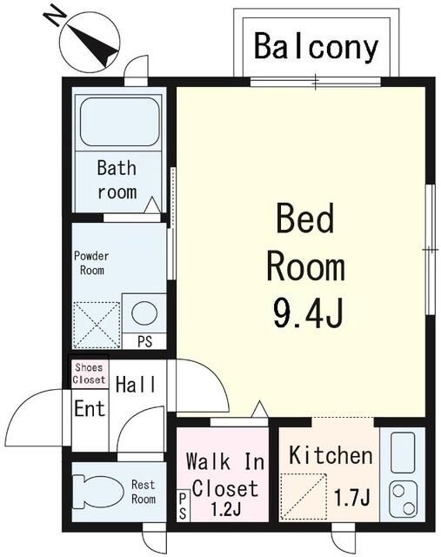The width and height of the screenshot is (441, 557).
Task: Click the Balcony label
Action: pos(316,47)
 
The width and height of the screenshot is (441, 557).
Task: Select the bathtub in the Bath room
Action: pos(119,122)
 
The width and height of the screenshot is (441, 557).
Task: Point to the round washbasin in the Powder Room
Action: pos(144,313)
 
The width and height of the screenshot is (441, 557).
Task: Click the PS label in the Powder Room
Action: pos(145,342)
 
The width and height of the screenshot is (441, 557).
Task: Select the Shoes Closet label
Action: pos(89,373)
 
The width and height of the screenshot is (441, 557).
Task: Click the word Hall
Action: pos(136,385)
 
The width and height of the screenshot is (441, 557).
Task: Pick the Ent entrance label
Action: pos(90,408)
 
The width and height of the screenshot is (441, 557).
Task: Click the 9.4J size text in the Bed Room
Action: pos(308,312)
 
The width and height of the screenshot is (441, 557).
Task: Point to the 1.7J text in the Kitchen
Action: pos(352,497)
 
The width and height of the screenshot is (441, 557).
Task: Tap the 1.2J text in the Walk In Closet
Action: pos(226,509)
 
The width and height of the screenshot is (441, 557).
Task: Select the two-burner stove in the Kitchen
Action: pos(403,500)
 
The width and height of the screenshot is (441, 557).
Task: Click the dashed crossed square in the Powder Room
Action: pos(97,325)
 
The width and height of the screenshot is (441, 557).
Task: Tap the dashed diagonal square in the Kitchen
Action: pos(304,497)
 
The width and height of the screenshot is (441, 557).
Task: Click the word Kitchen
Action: pos(331,455)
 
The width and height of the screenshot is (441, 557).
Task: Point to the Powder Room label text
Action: pos(91,263)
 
